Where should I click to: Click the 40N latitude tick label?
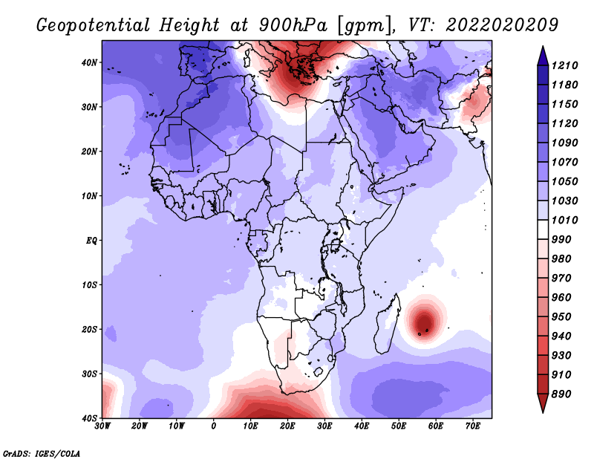pyautogui.click(x=89, y=62)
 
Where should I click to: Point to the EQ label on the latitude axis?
pyautogui.click(x=91, y=241)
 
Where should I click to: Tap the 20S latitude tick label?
pyautogui.click(x=89, y=329)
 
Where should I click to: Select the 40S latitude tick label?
pyautogui.click(x=89, y=418)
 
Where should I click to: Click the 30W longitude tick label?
pyautogui.click(x=102, y=426)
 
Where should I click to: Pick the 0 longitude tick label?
pyautogui.click(x=214, y=426)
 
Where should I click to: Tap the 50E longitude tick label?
pyautogui.click(x=399, y=426)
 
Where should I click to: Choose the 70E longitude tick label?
pyautogui.click(x=473, y=426)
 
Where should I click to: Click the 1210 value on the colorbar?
pyautogui.click(x=564, y=65)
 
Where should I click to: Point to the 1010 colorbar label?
pyautogui.click(x=564, y=220)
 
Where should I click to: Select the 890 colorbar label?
pyautogui.click(x=561, y=394)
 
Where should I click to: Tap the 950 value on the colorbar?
pyautogui.click(x=561, y=317)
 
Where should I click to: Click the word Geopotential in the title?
pyautogui.click(x=94, y=25)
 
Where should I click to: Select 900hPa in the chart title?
pyautogui.click(x=293, y=25)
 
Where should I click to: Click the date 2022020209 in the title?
pyautogui.click(x=502, y=25)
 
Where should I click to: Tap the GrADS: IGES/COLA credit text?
pyautogui.click(x=42, y=454)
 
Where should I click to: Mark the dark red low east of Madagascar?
pyautogui.click(x=424, y=322)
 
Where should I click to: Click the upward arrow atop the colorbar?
pyautogui.click(x=543, y=56)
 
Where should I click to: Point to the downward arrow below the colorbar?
pyautogui.click(x=543, y=403)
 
